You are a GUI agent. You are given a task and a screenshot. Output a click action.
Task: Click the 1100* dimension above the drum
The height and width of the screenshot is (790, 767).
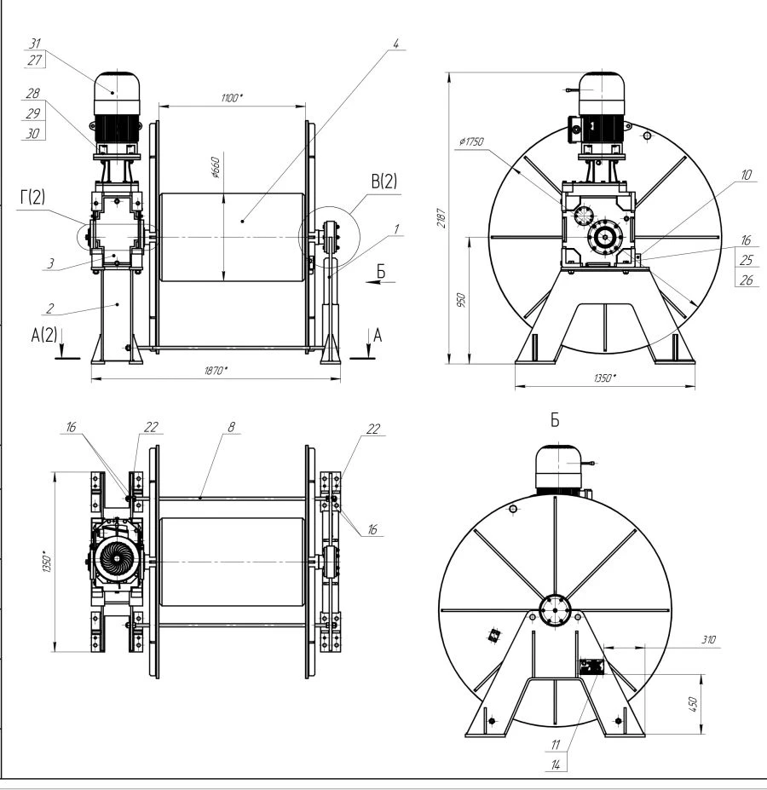pyautogui.click(x=231, y=98)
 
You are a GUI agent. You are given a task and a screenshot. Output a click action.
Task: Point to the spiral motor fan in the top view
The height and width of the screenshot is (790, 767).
pyautogui.click(x=118, y=560)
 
